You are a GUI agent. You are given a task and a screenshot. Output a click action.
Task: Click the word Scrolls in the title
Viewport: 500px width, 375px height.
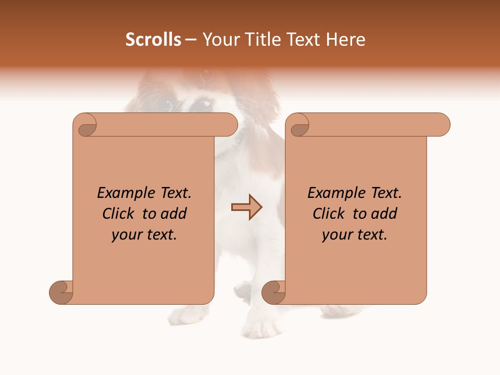[153, 40]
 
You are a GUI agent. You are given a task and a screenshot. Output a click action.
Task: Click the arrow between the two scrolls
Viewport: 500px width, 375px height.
[246, 207]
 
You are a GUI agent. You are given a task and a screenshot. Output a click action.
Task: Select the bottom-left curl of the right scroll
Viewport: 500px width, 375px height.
[274, 292]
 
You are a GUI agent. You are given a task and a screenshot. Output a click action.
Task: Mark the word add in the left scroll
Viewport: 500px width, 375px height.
[174, 214]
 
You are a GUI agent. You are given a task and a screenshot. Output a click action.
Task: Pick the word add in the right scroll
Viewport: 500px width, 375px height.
[385, 214]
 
